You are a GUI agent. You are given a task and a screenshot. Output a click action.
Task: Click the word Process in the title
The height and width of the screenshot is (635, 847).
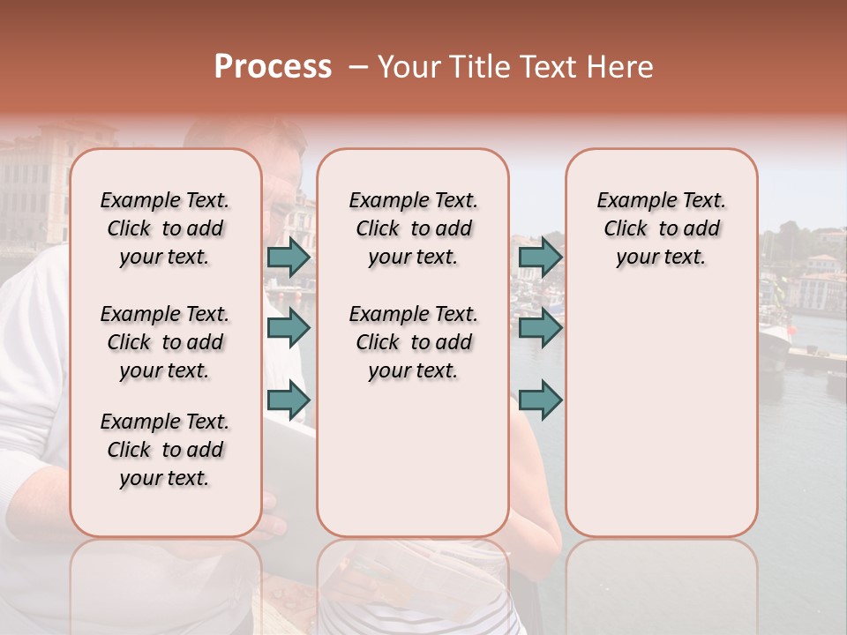[273, 67]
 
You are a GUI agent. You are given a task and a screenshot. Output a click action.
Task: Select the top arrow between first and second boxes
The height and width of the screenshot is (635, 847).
[289, 257]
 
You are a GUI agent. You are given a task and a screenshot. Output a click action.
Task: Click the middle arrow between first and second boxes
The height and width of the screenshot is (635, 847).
[289, 328]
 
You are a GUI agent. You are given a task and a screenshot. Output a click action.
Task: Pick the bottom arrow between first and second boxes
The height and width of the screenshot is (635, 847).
[289, 400]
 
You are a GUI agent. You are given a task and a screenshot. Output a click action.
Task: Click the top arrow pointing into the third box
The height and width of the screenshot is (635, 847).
[540, 257]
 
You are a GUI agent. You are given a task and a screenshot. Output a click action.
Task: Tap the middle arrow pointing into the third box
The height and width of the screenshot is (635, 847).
[540, 328]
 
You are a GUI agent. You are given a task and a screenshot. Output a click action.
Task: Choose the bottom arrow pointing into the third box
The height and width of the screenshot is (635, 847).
[540, 400]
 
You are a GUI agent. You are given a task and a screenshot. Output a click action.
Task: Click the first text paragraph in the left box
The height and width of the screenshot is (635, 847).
[165, 228]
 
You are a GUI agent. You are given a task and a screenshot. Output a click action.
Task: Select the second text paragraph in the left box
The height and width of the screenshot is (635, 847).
[165, 342]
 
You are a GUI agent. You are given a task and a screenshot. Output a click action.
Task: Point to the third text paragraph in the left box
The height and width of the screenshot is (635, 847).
[165, 450]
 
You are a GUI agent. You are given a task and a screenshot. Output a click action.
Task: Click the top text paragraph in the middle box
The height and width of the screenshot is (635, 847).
[413, 228]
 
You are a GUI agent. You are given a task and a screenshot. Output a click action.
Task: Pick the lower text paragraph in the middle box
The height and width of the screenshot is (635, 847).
[413, 342]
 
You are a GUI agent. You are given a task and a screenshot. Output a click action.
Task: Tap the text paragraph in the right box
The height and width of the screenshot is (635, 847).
[661, 228]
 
